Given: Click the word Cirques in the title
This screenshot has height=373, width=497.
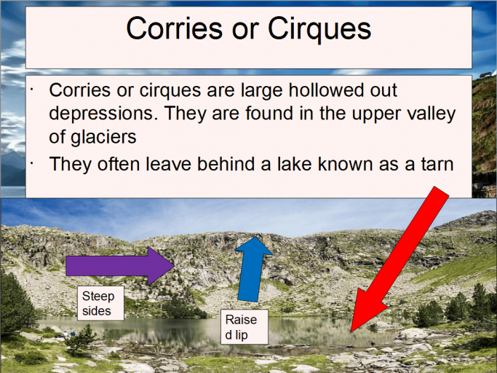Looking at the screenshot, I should pos(320,29).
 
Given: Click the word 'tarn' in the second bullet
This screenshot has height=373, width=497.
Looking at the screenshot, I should pos(433,165).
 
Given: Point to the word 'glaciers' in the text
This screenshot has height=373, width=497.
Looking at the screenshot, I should pos(102,136).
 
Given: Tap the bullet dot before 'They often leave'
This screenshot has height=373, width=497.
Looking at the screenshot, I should pos(32,160).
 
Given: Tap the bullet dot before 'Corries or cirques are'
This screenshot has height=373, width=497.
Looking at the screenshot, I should pos(32,88).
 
